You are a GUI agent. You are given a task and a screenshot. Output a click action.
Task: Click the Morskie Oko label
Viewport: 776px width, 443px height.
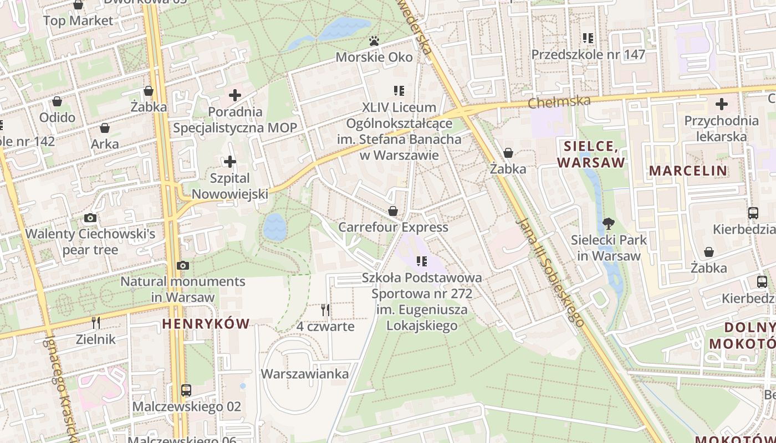(375, 57)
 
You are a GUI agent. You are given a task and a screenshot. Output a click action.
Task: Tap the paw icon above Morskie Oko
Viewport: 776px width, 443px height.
(375, 41)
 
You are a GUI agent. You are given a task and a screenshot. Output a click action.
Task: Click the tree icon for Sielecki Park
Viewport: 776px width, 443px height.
(609, 224)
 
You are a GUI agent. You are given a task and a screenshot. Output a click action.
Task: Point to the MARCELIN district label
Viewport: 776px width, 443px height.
(688, 171)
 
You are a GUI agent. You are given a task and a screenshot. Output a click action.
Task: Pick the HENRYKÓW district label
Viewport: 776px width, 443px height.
(206, 324)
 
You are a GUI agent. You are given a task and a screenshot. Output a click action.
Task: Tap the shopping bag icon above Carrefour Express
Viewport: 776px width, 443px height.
(393, 211)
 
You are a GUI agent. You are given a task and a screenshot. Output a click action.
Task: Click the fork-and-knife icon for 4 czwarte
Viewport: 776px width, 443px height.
(325, 310)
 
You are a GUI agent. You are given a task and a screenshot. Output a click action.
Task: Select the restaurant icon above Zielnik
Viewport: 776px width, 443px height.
(96, 323)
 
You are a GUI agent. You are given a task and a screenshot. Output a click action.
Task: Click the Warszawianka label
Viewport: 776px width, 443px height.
(305, 374)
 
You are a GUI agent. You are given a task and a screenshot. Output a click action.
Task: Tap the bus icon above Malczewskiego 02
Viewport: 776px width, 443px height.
(186, 390)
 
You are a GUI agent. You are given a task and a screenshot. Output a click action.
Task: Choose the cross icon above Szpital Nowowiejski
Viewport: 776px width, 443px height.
(229, 162)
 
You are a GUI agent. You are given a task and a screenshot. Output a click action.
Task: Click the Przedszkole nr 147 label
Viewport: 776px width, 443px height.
(588, 54)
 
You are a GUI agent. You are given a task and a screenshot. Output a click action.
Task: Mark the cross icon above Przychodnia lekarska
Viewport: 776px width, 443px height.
(721, 104)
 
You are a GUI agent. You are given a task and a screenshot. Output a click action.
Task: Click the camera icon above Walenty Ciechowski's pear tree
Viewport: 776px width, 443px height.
(90, 218)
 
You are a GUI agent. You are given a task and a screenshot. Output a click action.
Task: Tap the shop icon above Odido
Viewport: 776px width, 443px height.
(57, 101)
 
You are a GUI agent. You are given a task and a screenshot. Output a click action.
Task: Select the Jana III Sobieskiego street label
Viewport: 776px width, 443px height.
(550, 271)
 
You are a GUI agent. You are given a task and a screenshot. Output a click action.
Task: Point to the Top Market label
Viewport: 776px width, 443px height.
(78, 21)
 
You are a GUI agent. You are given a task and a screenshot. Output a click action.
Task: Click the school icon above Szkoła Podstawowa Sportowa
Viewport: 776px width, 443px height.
(422, 261)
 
